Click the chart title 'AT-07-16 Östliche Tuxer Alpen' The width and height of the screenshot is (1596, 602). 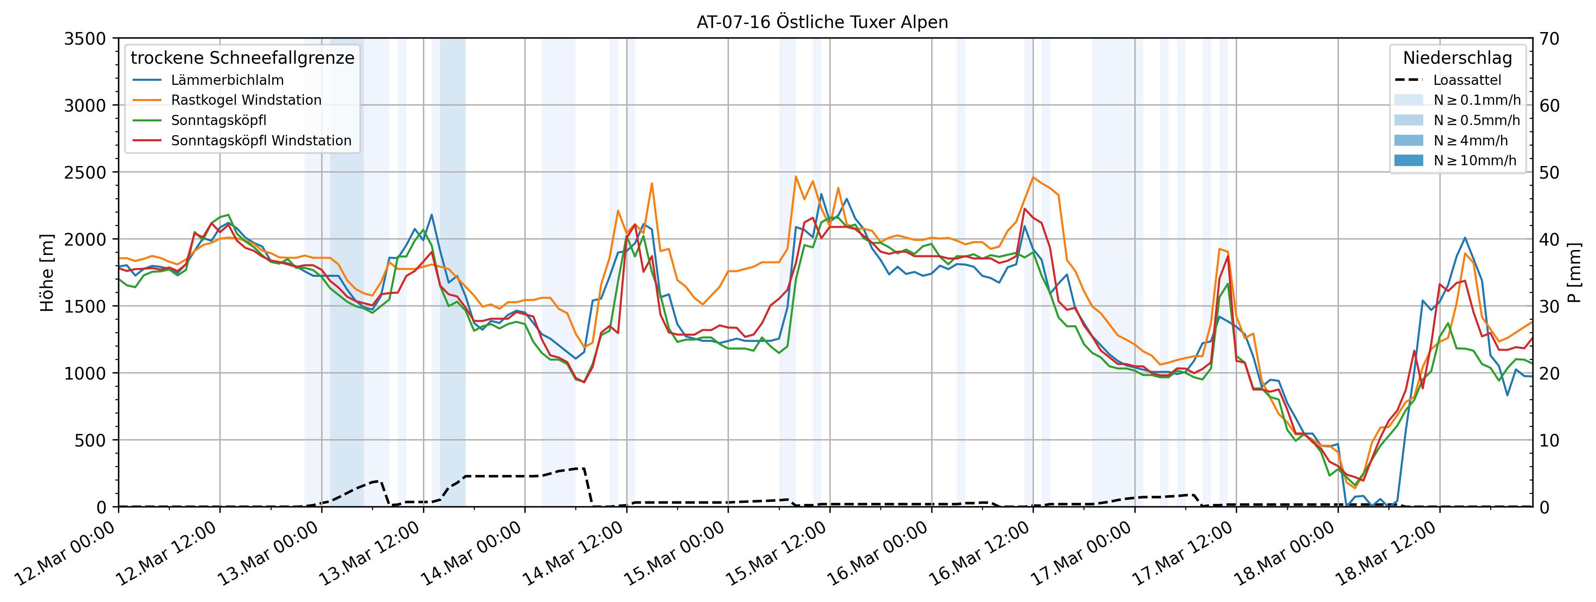coord(822,22)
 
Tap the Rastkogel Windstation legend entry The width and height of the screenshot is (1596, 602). coord(246,100)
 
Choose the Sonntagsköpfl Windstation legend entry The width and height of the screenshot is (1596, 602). coord(261,141)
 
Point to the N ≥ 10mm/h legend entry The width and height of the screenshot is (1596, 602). coord(1475,161)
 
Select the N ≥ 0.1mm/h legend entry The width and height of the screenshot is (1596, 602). coord(1476,100)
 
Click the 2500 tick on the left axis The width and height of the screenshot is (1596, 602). coord(85,173)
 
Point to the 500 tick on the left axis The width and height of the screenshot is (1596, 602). coord(91,440)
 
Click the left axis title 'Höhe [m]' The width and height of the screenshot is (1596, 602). coord(47,273)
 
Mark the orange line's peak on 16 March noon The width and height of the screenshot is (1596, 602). coord(1033,177)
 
